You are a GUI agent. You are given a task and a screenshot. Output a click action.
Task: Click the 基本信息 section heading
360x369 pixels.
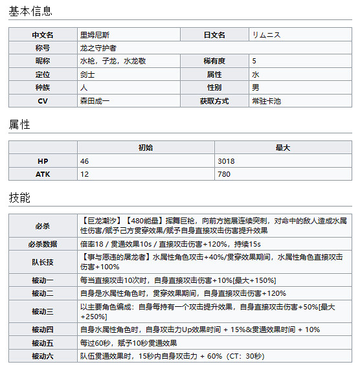tap(30, 11)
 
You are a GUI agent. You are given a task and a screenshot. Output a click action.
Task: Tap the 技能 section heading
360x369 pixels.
tap(19, 197)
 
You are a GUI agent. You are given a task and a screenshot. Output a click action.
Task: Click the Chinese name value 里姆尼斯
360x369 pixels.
tap(94, 35)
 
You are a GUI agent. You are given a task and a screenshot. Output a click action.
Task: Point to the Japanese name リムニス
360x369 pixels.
tap(266, 35)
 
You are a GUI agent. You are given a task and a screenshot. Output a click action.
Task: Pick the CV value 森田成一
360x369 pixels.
tap(95, 100)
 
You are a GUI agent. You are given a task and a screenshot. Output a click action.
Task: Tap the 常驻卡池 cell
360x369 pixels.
tap(266, 100)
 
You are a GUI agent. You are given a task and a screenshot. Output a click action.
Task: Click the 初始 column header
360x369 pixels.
tap(146, 148)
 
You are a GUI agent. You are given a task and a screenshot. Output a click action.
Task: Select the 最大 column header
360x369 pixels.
tap(282, 148)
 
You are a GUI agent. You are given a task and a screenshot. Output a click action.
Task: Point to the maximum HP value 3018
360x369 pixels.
tap(227, 161)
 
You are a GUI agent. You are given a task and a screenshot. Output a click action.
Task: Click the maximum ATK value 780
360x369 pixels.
tap(224, 174)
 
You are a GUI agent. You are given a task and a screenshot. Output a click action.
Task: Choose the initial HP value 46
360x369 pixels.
tap(85, 161)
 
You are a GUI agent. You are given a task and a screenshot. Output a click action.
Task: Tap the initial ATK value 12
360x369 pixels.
tap(85, 174)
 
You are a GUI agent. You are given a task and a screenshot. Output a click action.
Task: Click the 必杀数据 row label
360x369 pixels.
tap(43, 243)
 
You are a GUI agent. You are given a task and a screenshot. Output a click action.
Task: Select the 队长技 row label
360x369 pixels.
tap(43, 262)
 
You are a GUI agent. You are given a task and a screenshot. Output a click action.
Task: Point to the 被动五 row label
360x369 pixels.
tap(43, 342)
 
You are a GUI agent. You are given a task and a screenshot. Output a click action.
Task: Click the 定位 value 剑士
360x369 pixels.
tap(87, 74)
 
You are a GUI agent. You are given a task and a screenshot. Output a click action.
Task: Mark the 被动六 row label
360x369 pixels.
tap(43, 355)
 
